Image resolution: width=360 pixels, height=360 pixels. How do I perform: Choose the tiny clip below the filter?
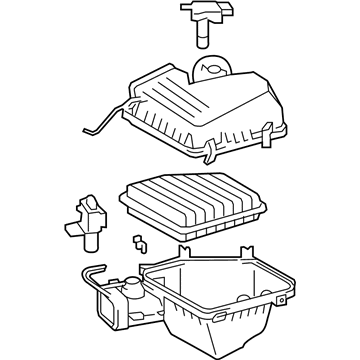click(140, 244)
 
